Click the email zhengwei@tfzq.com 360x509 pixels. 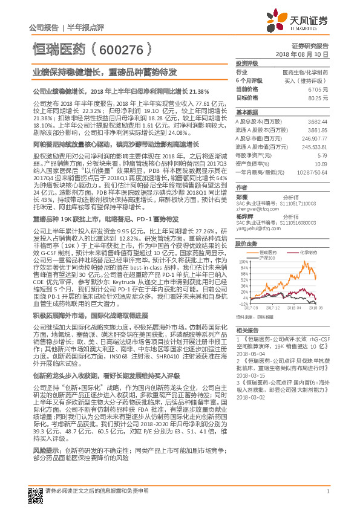click(255, 208)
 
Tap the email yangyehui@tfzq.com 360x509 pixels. click(257, 229)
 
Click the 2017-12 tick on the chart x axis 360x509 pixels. click(269, 307)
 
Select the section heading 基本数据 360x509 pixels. click(246, 112)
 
